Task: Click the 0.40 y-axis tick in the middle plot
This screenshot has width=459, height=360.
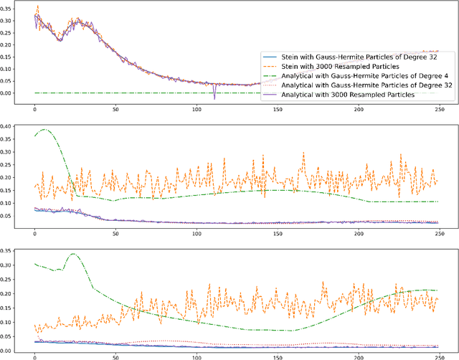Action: pos(9,127)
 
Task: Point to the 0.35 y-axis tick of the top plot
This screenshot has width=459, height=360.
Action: pos(9,10)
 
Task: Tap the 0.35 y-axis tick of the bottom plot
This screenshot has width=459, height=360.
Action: pos(9,251)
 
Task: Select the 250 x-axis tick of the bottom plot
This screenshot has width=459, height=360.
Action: pos(437,356)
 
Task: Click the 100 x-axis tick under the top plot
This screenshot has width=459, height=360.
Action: pos(196,110)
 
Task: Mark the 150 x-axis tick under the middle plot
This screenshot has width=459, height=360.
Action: pos(277,233)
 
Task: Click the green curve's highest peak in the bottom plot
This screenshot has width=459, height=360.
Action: pos(73,254)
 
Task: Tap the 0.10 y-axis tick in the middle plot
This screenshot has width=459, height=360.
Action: pos(9,204)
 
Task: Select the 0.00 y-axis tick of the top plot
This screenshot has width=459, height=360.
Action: pos(9,93)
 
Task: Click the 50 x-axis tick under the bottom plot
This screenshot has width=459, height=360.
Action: pos(115,356)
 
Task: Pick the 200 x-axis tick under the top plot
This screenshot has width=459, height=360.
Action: pos(357,110)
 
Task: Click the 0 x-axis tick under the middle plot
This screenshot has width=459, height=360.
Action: pos(34,233)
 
